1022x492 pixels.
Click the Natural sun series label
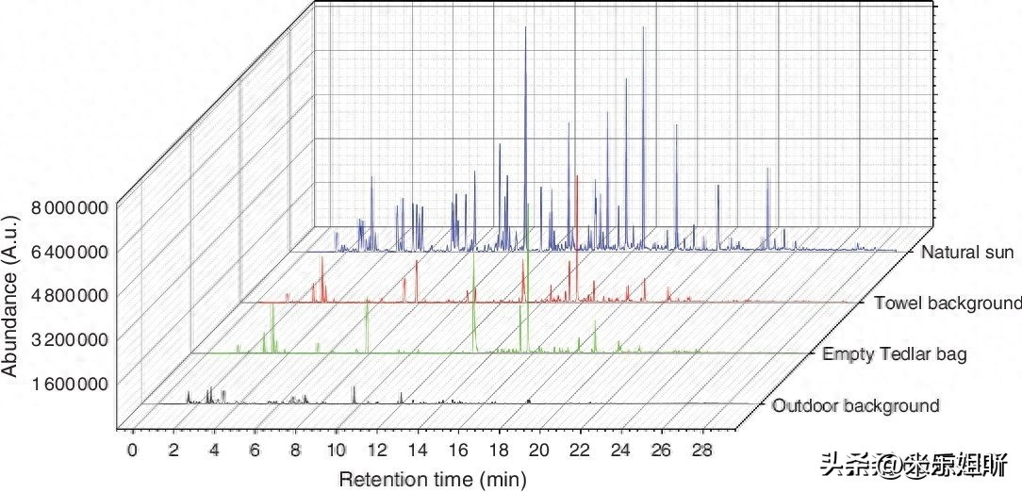[967, 253]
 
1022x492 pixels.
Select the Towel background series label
[948, 303]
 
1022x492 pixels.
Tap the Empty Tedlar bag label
[895, 354]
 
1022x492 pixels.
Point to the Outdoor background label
[855, 406]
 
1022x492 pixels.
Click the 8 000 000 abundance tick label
[66, 207]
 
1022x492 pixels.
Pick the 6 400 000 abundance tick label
[66, 252]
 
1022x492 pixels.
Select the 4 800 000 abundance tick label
[66, 295]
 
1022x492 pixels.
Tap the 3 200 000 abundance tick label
[66, 339]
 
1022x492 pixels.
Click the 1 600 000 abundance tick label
[66, 384]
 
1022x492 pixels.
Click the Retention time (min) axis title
[433, 479]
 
